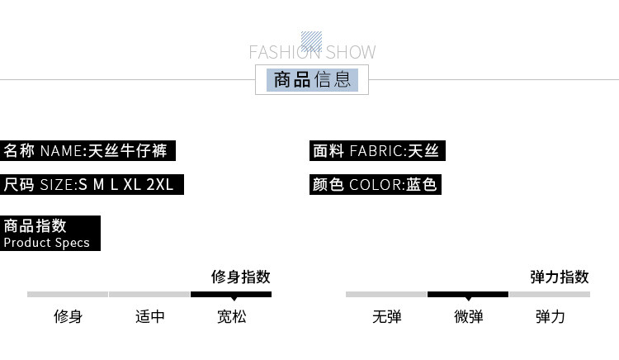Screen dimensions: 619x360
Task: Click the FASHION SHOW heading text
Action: (312, 53)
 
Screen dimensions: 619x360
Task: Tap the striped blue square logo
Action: (311, 40)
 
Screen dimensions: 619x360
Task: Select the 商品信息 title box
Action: (312, 80)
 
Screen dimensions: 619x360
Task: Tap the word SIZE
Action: (58, 184)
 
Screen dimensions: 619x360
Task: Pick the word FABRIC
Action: (377, 151)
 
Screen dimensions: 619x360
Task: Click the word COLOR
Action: (376, 184)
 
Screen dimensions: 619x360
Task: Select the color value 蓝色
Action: (422, 184)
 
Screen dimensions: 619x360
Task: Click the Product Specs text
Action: (46, 243)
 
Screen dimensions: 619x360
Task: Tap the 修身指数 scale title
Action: (240, 277)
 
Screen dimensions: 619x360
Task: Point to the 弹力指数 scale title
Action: (559, 277)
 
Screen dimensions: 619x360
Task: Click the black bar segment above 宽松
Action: (231, 294)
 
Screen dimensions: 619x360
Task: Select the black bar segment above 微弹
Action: (468, 294)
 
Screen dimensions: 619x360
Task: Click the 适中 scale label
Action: (150, 316)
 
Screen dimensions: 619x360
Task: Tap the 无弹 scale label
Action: (386, 316)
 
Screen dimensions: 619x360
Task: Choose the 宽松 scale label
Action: (231, 316)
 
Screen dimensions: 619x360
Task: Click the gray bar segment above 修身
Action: (68, 294)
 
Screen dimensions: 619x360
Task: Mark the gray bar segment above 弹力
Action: (550, 294)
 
